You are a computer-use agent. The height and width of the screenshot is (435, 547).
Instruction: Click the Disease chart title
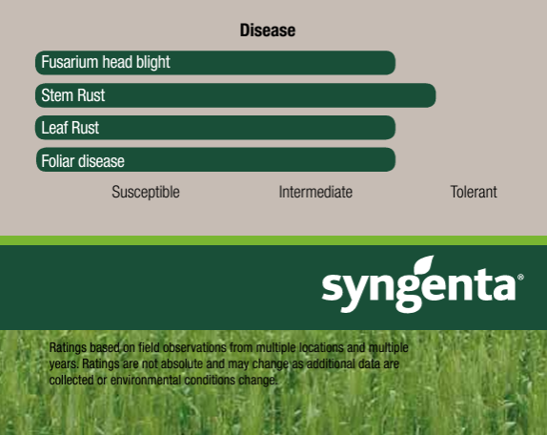pyautogui.click(x=268, y=31)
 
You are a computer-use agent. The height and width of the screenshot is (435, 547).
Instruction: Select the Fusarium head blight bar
pyautogui.click(x=215, y=63)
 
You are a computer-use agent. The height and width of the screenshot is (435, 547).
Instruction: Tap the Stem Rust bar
pyautogui.click(x=235, y=95)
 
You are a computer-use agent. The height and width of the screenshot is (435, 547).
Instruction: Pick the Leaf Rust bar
pyautogui.click(x=215, y=128)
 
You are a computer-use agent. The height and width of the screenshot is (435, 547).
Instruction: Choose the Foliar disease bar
pyautogui.click(x=215, y=159)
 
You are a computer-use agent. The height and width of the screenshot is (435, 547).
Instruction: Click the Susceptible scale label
pyautogui.click(x=146, y=193)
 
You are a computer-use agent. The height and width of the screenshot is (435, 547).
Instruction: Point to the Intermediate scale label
pyautogui.click(x=315, y=192)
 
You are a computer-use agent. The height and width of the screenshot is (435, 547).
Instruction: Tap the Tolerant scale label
pyautogui.click(x=474, y=192)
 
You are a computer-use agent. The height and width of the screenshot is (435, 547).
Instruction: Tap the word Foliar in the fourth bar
pyautogui.click(x=57, y=161)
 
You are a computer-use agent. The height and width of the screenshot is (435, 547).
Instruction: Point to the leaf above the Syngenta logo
pyautogui.click(x=424, y=266)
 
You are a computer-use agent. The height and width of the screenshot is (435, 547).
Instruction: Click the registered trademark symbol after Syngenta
pyautogui.click(x=520, y=278)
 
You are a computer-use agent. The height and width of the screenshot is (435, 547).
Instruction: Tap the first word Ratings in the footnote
pyautogui.click(x=68, y=348)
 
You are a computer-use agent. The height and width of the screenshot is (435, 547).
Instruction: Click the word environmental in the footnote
pyautogui.click(x=146, y=380)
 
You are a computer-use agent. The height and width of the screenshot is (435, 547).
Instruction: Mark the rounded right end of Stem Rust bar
pyautogui.click(x=436, y=95)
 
